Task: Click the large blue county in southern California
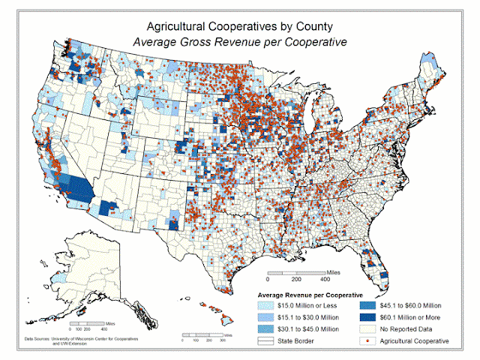pyautogui.click(x=80, y=186)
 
